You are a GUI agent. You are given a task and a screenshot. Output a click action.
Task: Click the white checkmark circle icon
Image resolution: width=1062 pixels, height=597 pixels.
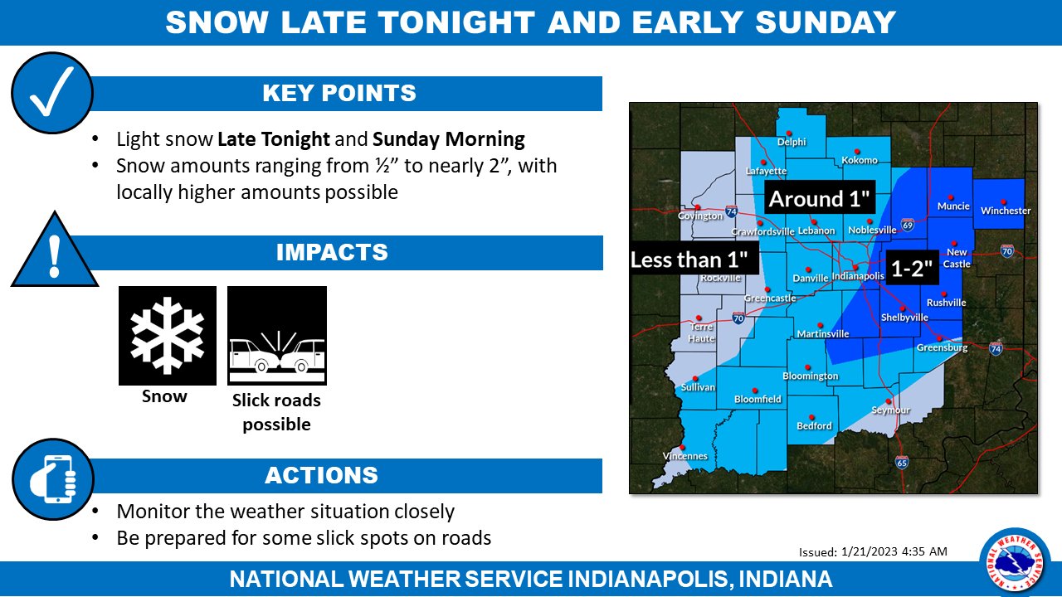point(52,93)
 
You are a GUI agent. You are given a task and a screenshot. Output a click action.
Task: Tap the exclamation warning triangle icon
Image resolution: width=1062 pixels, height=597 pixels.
point(55,251)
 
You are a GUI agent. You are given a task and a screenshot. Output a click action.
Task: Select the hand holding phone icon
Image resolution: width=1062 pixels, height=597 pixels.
point(53,479)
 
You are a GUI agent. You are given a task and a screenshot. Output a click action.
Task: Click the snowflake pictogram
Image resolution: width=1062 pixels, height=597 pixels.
point(168,336)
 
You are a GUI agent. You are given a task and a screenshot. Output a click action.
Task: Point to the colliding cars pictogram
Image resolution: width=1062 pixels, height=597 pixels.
point(277,336)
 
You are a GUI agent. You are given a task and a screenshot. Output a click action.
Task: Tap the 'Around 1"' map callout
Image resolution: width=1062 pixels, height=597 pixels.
point(820,198)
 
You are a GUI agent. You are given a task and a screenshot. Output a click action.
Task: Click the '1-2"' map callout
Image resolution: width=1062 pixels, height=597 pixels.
point(912,268)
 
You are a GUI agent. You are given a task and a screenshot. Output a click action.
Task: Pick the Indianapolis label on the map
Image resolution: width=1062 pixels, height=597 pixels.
point(858,276)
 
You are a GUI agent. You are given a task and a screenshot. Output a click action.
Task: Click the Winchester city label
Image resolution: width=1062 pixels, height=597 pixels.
point(1006,211)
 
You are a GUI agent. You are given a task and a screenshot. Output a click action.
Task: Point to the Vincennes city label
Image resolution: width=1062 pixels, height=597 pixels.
point(685,456)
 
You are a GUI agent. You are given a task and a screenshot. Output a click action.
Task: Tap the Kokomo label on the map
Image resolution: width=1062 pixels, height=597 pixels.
point(860,160)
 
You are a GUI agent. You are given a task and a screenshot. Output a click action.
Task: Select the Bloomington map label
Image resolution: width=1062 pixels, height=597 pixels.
point(811,376)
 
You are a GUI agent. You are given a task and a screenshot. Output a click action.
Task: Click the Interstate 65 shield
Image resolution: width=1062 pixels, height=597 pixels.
point(902,462)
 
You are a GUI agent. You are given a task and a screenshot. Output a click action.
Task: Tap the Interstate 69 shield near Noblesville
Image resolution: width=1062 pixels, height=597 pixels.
point(908,225)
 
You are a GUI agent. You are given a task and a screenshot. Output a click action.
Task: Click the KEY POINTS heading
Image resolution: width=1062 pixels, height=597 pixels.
point(339,94)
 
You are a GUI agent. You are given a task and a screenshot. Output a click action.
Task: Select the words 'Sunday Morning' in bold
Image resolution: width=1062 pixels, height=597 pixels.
point(449,139)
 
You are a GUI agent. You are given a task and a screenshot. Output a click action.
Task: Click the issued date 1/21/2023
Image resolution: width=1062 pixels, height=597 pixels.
point(870,551)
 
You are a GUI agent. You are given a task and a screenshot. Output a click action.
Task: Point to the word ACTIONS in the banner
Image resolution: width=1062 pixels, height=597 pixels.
point(321,476)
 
